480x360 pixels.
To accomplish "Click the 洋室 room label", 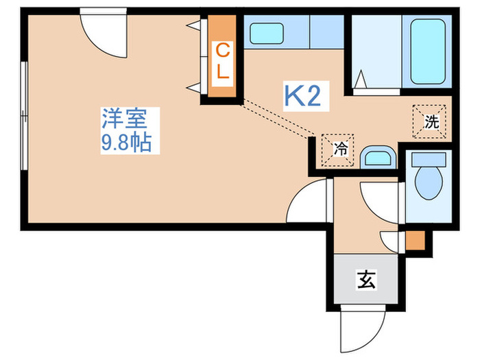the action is pos(125,118).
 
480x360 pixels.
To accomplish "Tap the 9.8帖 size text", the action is pos(126,143).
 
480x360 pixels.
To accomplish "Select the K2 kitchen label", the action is pos(303,96).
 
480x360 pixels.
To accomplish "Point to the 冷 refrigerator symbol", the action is pos(337,150).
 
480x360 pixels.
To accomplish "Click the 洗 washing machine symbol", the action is pos(429,121).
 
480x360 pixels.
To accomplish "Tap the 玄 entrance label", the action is pos(366,280).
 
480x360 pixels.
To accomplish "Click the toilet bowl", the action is pos(429,183).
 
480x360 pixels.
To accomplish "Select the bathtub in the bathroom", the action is pos(428,51).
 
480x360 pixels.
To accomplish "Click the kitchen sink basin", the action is pos(267,34).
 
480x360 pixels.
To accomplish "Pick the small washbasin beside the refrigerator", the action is pos(378,157).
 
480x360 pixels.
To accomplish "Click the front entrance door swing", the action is pos(363,328).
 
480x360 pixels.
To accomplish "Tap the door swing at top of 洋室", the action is pos(104,33).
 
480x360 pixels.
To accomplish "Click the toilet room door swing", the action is pos(381,203).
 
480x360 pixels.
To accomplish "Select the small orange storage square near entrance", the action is pos(415,240).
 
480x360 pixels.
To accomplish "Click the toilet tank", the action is pos(429,160).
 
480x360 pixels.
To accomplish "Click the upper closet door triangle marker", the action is pos(194,25).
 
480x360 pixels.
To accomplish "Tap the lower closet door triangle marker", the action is pos(194,88).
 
